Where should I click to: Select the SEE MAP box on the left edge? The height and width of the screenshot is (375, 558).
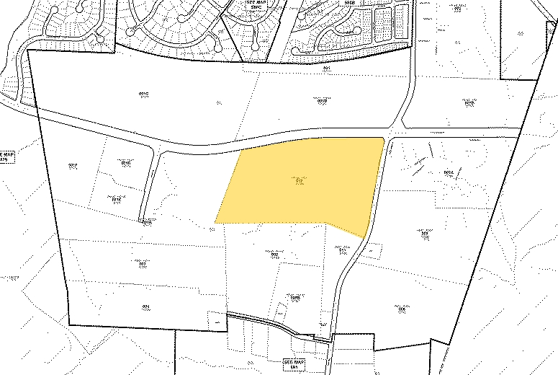(7, 156)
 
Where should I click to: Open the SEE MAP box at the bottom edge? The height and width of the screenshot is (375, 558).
(294, 364)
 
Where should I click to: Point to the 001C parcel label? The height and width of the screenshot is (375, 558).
(143, 94)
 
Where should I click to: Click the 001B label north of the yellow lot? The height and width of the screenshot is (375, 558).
(322, 101)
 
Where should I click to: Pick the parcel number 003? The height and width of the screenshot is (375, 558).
(143, 264)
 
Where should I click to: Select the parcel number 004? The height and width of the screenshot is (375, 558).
(145, 306)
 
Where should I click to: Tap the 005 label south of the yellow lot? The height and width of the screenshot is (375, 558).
(273, 254)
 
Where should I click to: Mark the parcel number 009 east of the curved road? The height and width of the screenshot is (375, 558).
(426, 234)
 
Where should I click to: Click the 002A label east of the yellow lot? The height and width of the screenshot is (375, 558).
(449, 173)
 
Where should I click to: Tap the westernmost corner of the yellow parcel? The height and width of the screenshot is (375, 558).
(215, 222)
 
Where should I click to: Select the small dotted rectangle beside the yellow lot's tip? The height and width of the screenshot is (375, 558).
(371, 250)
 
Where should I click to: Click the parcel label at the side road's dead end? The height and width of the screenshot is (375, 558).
(147, 221)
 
